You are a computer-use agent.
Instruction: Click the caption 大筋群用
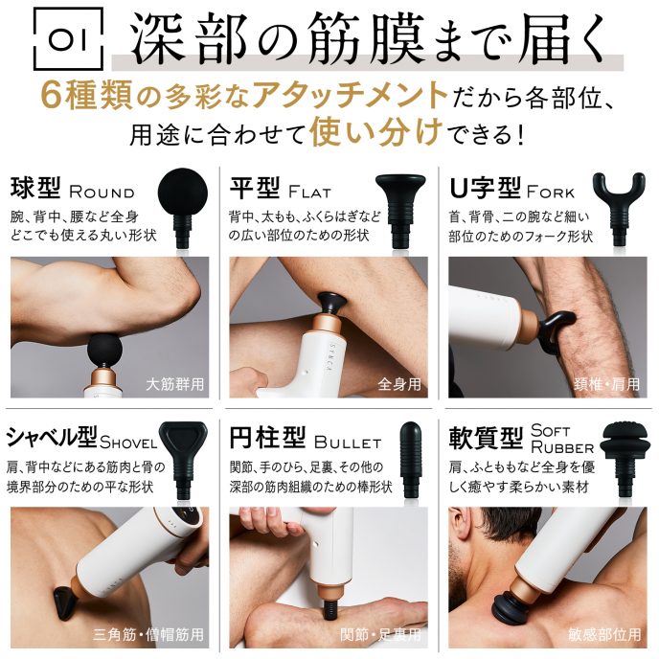click(175, 385)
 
